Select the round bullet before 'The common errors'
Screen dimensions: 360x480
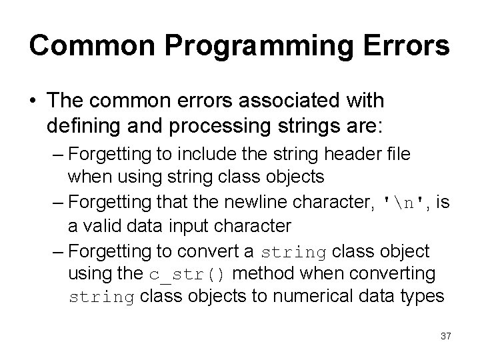point(33,101)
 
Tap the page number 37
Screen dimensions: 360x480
point(445,337)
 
